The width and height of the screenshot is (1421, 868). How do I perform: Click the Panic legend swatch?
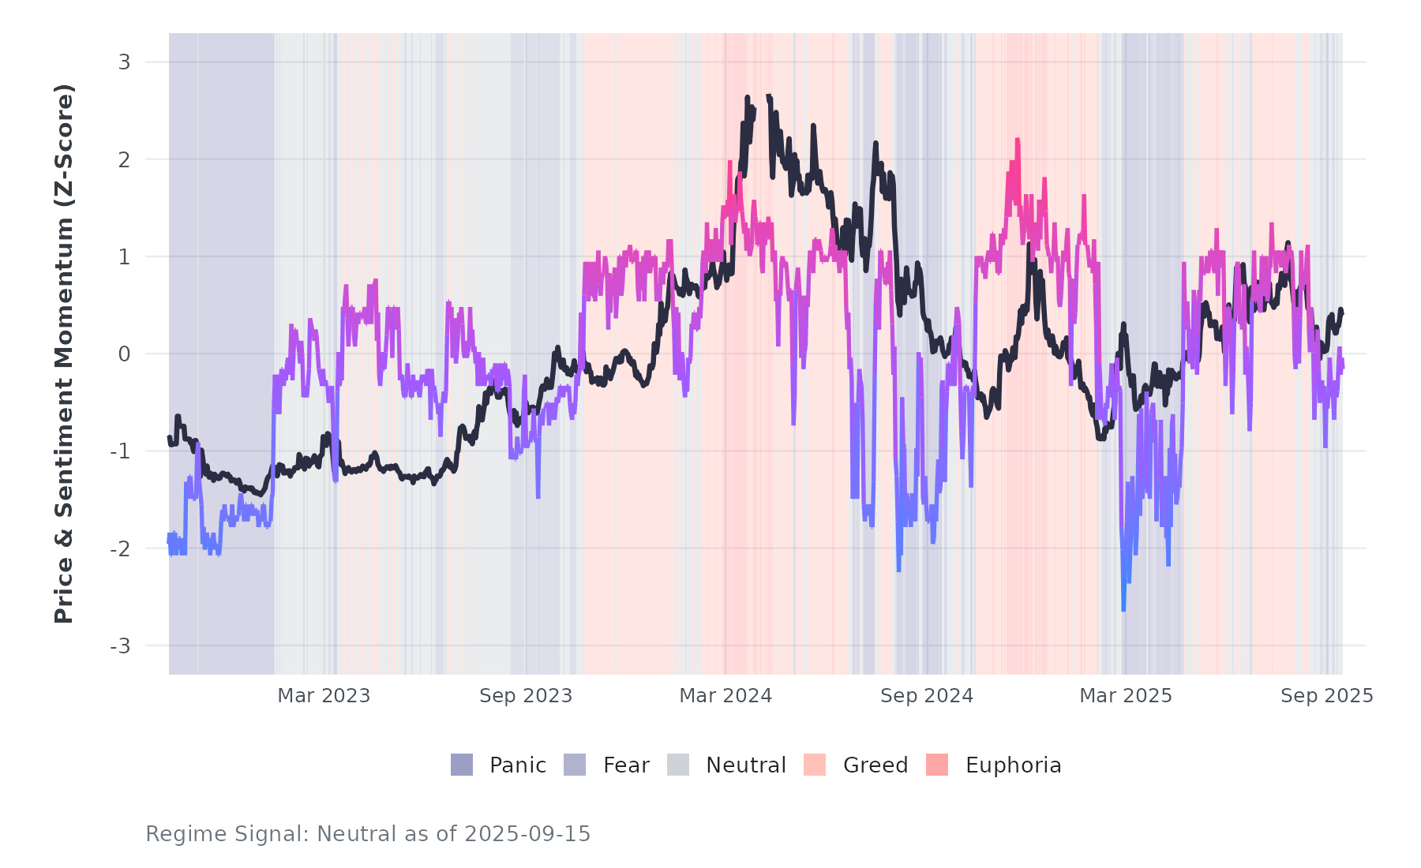click(462, 765)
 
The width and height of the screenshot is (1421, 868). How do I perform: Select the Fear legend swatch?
click(575, 765)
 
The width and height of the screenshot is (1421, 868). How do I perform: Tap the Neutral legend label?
click(745, 765)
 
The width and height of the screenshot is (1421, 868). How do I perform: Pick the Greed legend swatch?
click(815, 765)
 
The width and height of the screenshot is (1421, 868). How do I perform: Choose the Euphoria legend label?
click(1013, 765)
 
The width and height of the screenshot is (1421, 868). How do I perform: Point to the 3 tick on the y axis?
click(124, 62)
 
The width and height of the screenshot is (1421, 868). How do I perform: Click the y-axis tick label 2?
click(124, 159)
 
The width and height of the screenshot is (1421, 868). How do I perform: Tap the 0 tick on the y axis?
click(124, 354)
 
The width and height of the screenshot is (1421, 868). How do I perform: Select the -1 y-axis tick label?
click(120, 451)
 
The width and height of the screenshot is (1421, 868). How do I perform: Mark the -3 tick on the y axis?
click(120, 646)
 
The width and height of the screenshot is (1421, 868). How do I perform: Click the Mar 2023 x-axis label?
click(324, 696)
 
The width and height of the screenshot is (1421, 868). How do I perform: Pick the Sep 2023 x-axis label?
click(526, 696)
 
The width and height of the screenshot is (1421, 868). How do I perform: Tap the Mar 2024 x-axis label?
click(725, 696)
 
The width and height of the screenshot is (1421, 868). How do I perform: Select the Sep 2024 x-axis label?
click(927, 696)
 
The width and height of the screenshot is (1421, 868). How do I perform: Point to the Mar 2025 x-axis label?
click(1126, 696)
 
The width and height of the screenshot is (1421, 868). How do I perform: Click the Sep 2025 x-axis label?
click(1327, 696)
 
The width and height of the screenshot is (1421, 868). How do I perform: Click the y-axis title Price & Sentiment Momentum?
click(64, 354)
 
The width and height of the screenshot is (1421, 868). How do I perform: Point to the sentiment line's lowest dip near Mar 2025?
click(1123, 609)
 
